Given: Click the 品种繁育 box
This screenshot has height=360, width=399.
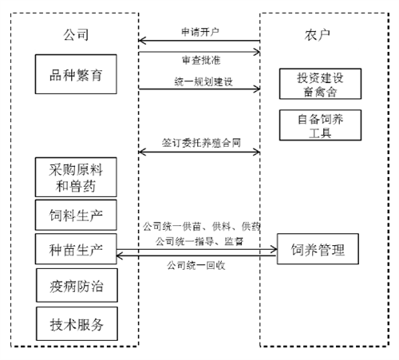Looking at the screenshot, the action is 76,74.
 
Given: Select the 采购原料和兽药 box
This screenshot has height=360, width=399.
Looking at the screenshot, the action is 76,177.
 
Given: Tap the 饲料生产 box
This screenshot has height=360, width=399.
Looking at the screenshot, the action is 76,215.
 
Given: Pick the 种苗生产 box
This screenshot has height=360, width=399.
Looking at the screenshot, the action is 76,249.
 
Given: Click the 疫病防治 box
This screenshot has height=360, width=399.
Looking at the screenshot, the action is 77,285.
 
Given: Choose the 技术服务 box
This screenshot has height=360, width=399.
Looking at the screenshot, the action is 77,323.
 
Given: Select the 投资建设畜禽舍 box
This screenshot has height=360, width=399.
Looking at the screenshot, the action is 320,84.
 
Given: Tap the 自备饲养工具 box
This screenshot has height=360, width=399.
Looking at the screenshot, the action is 320,125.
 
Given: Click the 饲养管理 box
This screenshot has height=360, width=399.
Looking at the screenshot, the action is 318,249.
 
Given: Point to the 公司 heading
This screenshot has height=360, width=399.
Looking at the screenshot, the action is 76,35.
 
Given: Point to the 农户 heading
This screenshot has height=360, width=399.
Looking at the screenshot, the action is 318,35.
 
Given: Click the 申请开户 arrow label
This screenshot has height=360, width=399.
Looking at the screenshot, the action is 200,32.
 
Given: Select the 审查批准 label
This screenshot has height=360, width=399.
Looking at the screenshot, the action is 201,60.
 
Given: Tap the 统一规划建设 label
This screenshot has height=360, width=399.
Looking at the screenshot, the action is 203,81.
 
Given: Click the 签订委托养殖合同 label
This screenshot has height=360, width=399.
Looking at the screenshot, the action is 201,143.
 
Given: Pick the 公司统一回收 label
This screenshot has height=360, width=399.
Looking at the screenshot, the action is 196,265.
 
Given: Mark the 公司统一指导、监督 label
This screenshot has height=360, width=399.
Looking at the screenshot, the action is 199,241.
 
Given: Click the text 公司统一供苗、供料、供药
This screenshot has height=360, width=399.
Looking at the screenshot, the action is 201,227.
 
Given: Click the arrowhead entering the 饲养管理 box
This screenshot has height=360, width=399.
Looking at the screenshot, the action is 275,249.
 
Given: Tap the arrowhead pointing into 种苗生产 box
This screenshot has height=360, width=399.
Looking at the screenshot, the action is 119,256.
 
